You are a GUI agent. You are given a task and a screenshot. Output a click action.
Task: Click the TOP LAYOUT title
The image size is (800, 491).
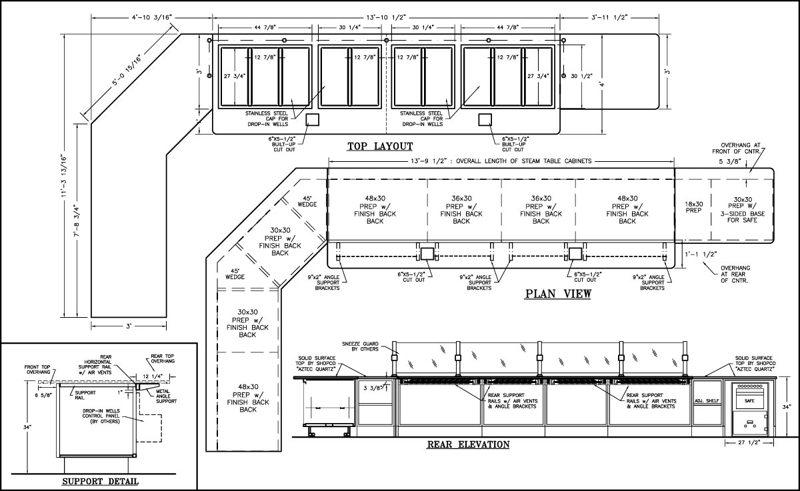click(380, 147)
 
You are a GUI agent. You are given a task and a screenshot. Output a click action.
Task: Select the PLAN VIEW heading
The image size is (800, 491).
click(558, 294)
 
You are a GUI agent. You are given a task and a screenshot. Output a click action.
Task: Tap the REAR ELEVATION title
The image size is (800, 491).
click(468, 444)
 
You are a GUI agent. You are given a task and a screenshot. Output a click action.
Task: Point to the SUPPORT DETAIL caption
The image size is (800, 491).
click(99, 481)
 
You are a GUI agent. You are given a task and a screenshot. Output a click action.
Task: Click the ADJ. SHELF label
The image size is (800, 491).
click(707, 401)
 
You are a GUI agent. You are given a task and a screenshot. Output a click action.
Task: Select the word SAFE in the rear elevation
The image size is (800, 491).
click(749, 401)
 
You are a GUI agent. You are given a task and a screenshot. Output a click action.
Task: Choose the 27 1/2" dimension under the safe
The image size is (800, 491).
click(750, 442)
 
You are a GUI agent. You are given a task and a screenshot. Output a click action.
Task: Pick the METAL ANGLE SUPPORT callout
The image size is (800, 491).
click(166, 396)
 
